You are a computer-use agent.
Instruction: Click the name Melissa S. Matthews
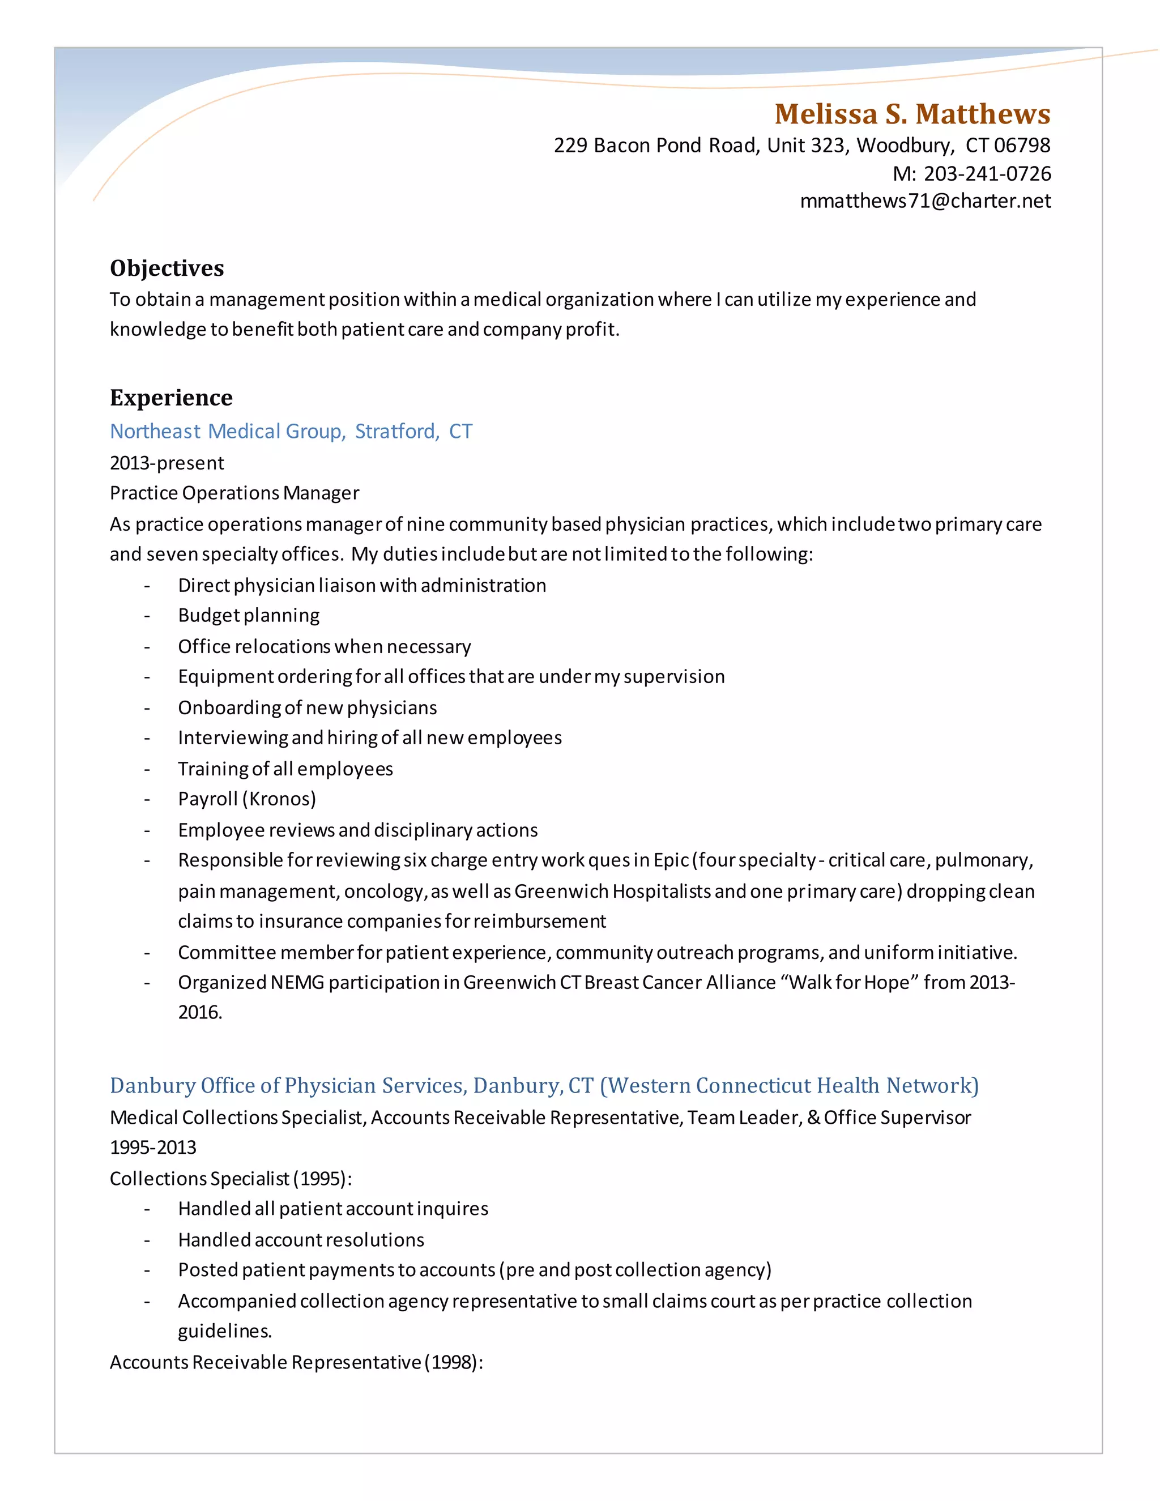click(x=912, y=114)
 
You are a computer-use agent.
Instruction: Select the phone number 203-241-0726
click(x=987, y=173)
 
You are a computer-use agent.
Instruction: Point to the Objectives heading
click(x=167, y=268)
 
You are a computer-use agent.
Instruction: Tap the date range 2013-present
click(x=167, y=463)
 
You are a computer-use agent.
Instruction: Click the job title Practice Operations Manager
click(x=234, y=493)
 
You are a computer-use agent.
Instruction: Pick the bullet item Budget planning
click(x=249, y=615)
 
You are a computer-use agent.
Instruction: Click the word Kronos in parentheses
click(x=281, y=799)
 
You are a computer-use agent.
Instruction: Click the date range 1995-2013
click(x=153, y=1147)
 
